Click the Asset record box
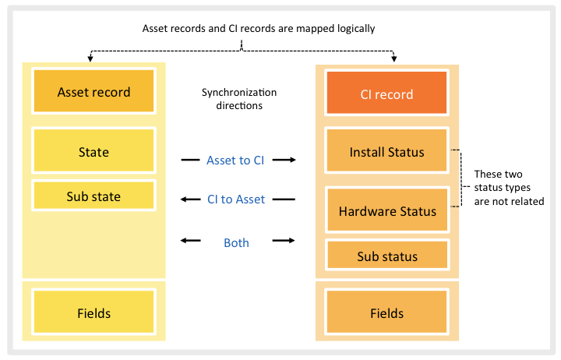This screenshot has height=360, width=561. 93,92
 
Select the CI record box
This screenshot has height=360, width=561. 386,94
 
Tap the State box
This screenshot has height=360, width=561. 93,152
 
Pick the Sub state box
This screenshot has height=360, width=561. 93,196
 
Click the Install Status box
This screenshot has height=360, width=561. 386,152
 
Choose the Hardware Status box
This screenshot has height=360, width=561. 386,210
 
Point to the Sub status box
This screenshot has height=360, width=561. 386,256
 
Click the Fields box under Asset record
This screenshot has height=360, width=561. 93,313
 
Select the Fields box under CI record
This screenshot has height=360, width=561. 386,313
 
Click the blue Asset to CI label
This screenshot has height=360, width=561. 235,160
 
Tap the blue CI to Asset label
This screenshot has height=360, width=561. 235,199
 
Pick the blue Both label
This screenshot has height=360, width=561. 236,242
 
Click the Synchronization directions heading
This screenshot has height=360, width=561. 239,98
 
